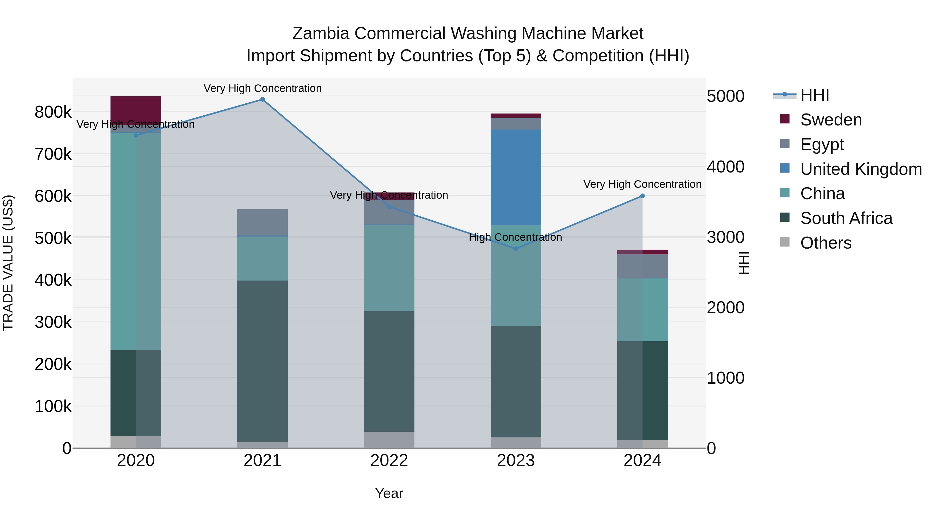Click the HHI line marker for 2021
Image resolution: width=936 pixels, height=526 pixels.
click(262, 99)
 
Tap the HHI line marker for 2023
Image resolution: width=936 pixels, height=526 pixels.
click(516, 249)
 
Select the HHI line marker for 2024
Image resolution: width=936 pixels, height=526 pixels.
click(642, 196)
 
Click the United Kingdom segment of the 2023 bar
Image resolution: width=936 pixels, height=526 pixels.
click(516, 177)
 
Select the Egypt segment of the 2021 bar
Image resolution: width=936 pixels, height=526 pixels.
click(262, 222)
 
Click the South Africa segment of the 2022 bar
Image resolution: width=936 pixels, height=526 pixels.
click(389, 371)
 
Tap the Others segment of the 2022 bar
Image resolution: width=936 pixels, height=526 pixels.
click(389, 440)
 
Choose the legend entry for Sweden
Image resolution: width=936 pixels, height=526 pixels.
click(831, 120)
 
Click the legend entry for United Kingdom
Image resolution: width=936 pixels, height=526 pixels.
click(860, 169)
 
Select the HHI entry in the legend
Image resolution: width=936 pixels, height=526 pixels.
click(814, 95)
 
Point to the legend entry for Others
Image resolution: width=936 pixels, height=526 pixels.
click(825, 243)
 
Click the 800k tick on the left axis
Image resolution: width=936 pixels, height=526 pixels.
click(53, 112)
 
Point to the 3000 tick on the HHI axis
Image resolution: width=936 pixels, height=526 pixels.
click(725, 237)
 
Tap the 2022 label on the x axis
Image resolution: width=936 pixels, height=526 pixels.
click(389, 461)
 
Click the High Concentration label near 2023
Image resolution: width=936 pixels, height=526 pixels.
click(515, 237)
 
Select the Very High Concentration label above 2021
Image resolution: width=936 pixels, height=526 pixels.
click(262, 88)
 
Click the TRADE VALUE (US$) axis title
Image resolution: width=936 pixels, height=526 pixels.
click(8, 263)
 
